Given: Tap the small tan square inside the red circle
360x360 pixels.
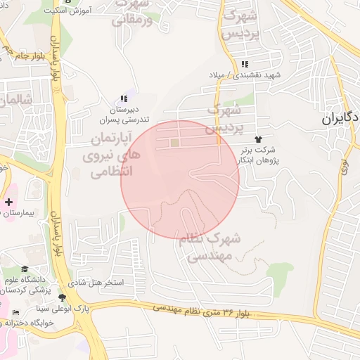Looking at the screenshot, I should point(174,143).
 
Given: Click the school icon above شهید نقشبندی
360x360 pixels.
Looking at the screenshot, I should point(245,64).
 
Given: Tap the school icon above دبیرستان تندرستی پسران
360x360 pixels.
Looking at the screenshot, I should point(124,99).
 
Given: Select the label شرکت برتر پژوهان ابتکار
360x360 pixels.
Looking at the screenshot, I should point(257,155).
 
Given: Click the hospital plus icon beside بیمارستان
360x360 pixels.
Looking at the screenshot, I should point(8,202).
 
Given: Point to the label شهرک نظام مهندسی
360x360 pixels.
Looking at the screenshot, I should point(210,247).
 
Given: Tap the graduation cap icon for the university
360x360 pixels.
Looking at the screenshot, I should point(25,269).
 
